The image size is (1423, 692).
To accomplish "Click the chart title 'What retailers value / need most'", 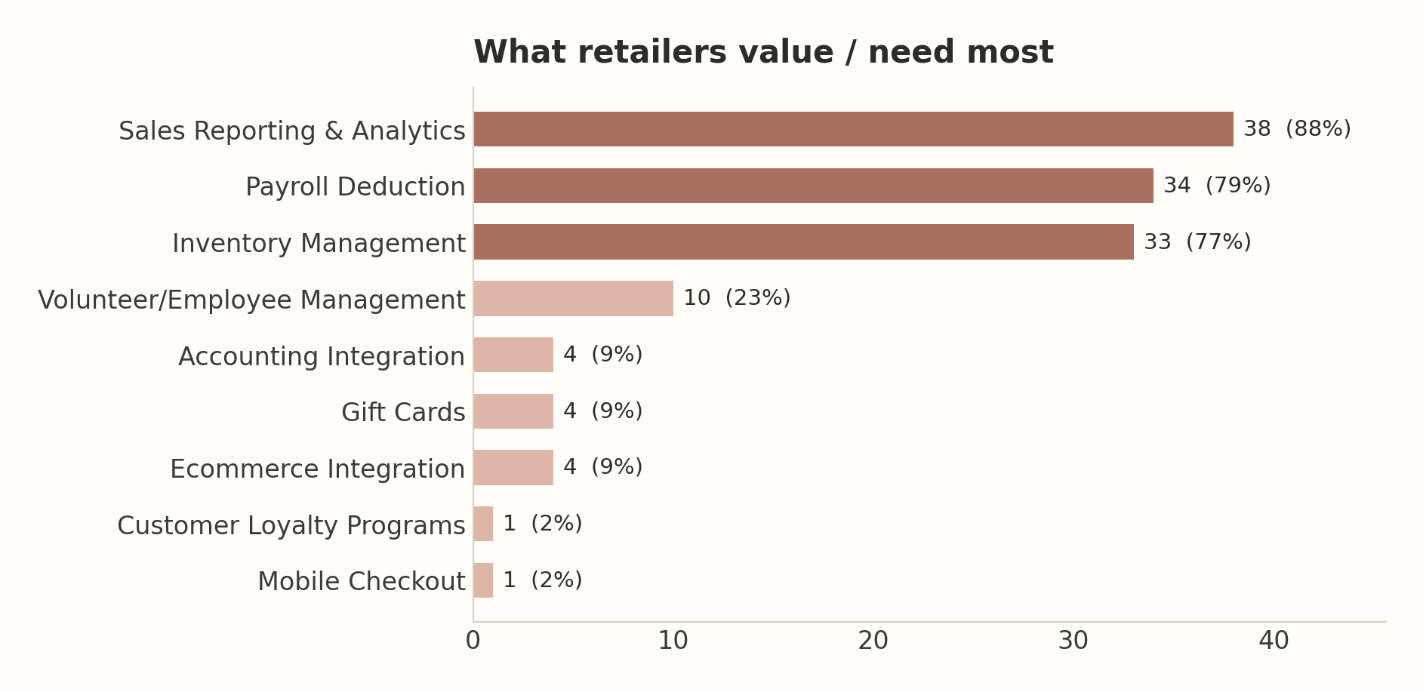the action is (763, 53).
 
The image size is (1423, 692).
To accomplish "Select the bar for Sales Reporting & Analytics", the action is (853, 129).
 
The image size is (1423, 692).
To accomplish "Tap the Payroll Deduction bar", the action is (813, 186).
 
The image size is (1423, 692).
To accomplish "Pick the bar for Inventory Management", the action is (803, 242).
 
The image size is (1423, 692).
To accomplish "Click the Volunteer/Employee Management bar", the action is (573, 298).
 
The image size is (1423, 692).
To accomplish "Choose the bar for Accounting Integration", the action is (513, 355).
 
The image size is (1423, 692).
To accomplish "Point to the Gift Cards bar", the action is (513, 411).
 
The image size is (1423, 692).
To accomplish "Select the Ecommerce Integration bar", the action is (513, 467).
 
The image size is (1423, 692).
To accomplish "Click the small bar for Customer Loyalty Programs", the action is (483, 524).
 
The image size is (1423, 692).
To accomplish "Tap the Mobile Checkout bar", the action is (483, 580).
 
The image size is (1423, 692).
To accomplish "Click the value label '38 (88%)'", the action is (1297, 129).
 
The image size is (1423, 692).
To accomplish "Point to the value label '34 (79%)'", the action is (1217, 186).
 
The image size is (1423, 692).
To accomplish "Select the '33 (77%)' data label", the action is (1197, 242).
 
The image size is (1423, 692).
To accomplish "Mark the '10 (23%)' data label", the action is (737, 298).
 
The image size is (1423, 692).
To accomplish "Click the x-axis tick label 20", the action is (873, 641).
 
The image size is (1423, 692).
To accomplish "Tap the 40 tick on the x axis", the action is (1274, 641).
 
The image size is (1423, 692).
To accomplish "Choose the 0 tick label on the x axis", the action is (473, 641).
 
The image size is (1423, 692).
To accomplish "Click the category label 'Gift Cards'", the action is (403, 413).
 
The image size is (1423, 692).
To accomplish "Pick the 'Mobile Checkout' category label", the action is (362, 582).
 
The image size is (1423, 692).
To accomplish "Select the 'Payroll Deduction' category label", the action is (356, 187).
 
